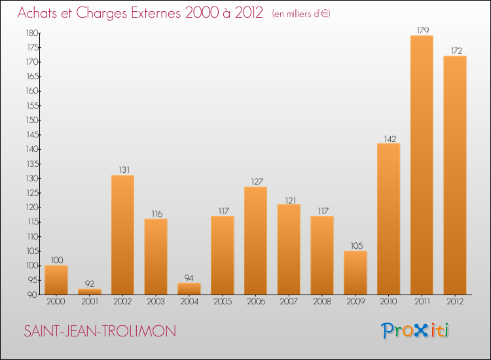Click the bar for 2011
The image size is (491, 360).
(x=422, y=165)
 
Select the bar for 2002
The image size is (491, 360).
(x=122, y=235)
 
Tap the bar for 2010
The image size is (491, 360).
(x=388, y=219)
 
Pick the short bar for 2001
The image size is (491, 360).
(x=90, y=292)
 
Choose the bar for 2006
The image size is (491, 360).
(x=255, y=241)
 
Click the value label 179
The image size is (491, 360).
(x=422, y=29)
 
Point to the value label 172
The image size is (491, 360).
(x=455, y=50)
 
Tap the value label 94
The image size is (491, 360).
(x=189, y=278)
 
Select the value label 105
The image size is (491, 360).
(x=355, y=245)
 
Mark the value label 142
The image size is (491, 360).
(x=388, y=138)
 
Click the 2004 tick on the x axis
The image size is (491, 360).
(x=189, y=302)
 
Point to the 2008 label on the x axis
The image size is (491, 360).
(x=322, y=302)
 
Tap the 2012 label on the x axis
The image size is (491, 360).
(x=455, y=302)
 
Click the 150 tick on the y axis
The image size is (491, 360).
(x=31, y=120)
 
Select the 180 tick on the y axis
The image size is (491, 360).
(x=31, y=33)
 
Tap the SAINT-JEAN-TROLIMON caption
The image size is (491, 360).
(x=100, y=331)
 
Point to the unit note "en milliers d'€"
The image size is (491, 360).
(x=301, y=14)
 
